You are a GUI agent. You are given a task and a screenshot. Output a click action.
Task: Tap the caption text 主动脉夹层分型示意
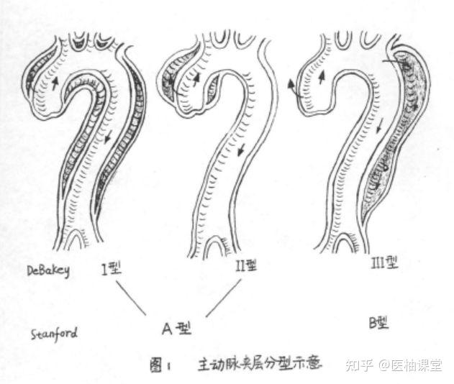pos(260,365)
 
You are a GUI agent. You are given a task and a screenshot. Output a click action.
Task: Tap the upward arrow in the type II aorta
pos(196,80)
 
